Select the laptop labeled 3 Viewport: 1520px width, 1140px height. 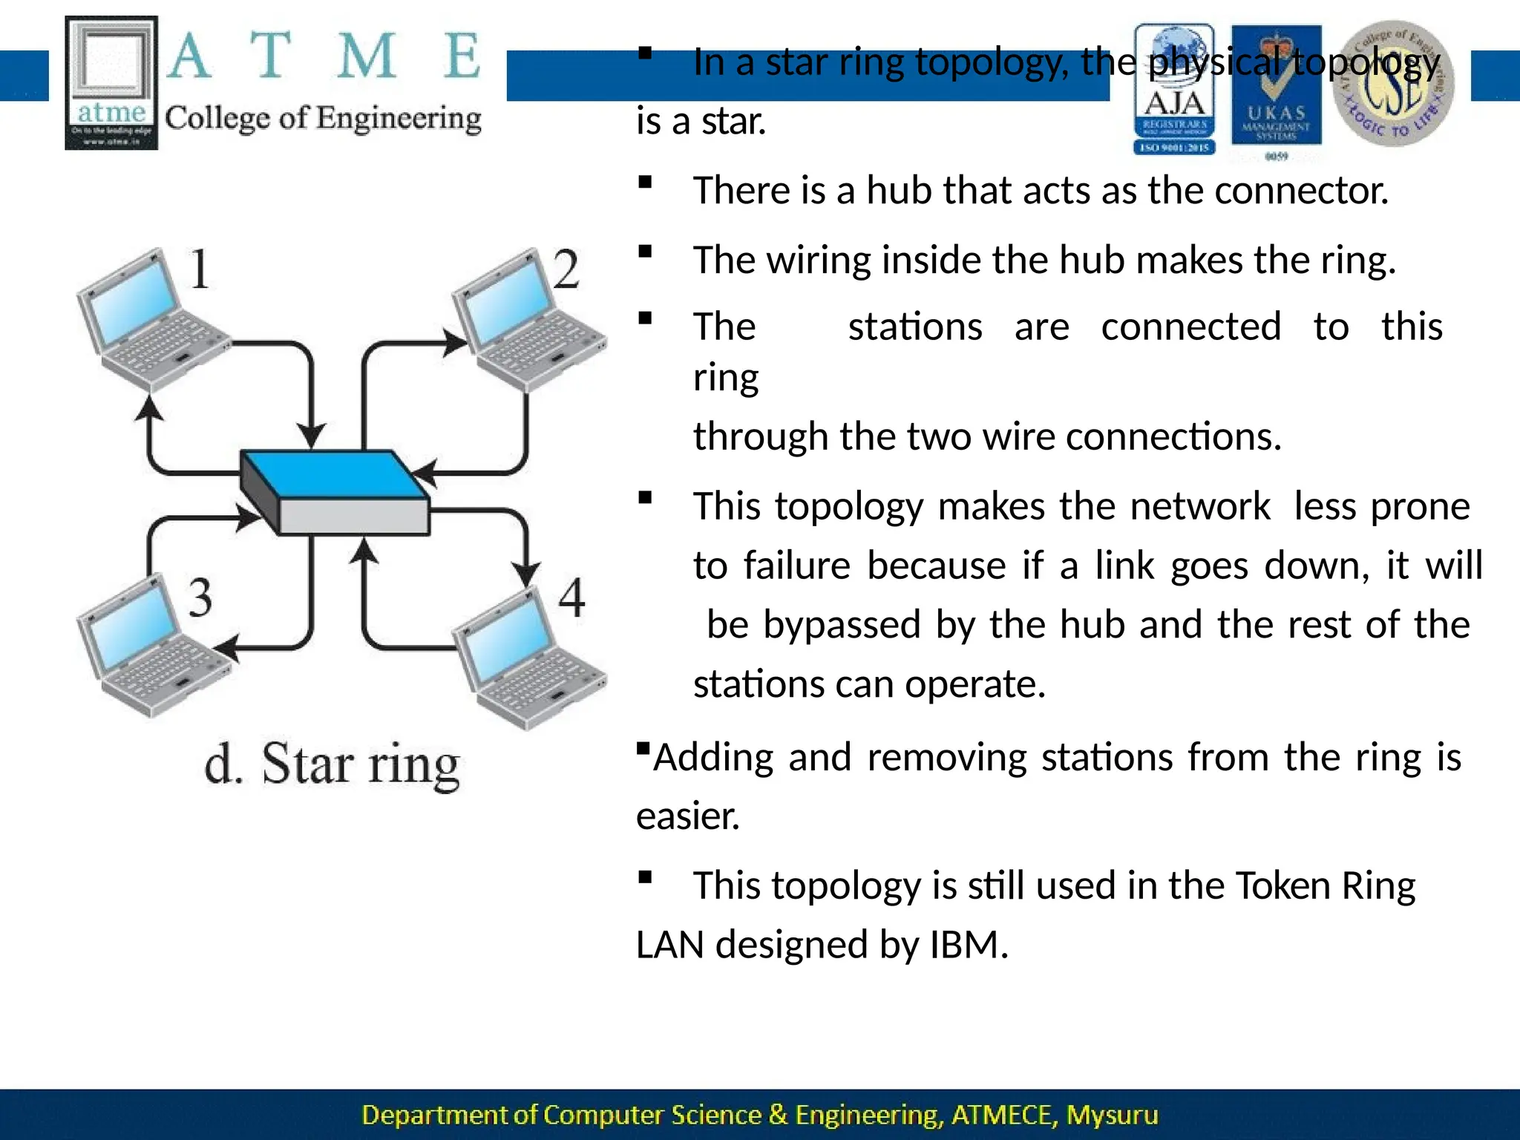(152, 646)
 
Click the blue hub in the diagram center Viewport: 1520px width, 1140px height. (334, 491)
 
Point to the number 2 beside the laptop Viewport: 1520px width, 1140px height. (566, 269)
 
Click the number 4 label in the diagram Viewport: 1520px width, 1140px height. (571, 597)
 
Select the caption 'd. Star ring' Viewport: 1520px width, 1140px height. (332, 764)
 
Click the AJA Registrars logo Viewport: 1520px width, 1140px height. (1174, 89)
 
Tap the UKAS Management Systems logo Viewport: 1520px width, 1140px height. (1276, 89)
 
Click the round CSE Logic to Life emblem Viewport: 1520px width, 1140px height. (1392, 84)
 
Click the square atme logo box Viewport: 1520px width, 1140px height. (111, 82)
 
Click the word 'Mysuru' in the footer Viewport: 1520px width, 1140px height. (1111, 1115)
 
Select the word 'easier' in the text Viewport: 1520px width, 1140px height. (687, 816)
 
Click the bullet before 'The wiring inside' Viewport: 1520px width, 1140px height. (645, 251)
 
